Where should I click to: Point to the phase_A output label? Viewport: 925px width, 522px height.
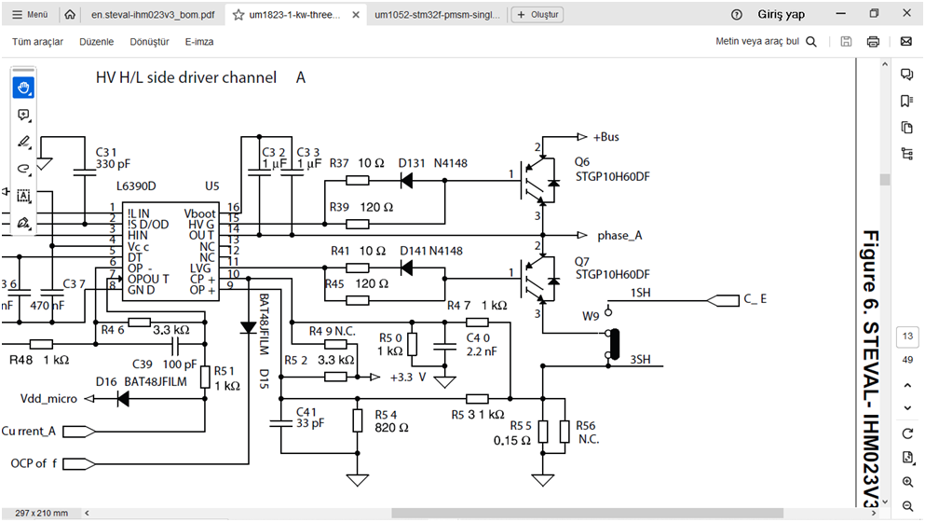(x=619, y=235)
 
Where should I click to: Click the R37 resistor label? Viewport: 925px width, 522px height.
(x=340, y=163)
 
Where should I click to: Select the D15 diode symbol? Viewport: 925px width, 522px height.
(x=248, y=328)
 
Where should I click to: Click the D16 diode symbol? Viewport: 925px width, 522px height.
(x=122, y=399)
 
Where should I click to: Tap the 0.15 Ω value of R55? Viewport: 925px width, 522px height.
(x=511, y=440)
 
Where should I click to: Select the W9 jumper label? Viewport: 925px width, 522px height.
(x=591, y=316)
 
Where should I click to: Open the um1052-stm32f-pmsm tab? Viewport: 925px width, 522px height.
(x=438, y=15)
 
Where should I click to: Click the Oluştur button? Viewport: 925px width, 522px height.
(x=537, y=15)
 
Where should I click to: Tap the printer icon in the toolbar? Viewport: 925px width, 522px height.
(x=873, y=42)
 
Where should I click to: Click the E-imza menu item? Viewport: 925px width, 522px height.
(x=199, y=42)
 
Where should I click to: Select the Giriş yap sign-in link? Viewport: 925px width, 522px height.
(x=782, y=15)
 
